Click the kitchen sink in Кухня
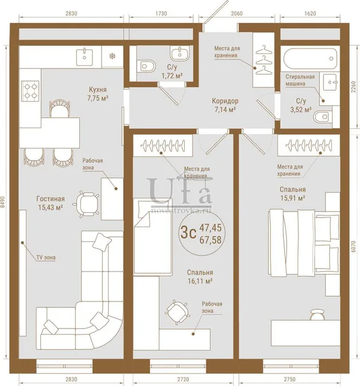coord(85,58)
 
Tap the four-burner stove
coord(31,91)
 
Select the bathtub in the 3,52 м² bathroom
coord(310,59)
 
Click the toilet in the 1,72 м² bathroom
coord(146,66)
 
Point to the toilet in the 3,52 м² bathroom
coord(323,117)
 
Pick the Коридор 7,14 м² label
coord(225,105)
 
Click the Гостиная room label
coord(50,198)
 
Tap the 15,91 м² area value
coord(293,198)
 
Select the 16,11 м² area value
coord(200,281)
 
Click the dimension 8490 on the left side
coord(3,202)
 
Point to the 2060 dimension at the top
coord(236,14)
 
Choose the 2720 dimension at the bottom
coord(183,379)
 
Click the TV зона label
coord(46,258)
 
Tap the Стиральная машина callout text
coord(300,80)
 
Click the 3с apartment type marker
coord(188,233)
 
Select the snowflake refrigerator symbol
coord(112,56)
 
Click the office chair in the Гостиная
coord(86,204)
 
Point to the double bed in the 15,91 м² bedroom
coord(304,243)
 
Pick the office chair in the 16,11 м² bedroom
coord(177,312)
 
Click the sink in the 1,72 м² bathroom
coord(180,53)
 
